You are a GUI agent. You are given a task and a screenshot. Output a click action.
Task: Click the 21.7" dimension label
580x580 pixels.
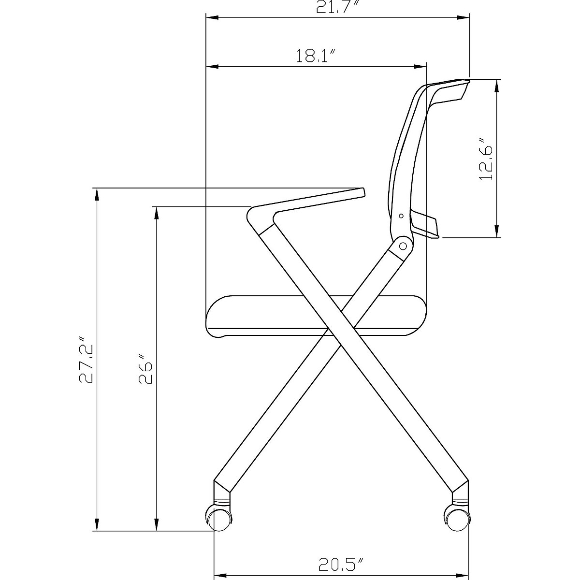pyautogui.click(x=338, y=8)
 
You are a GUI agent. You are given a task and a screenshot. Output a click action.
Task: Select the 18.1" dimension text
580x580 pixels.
pyautogui.click(x=316, y=56)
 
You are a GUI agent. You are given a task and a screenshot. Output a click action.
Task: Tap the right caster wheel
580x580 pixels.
pyautogui.click(x=456, y=520)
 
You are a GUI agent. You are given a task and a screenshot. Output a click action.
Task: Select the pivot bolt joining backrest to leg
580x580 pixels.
pyautogui.click(x=402, y=246)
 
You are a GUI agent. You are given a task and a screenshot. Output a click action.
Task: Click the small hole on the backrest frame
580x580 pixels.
pyautogui.click(x=400, y=216)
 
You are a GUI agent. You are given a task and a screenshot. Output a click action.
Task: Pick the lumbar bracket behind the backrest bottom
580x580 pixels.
pyautogui.click(x=425, y=225)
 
